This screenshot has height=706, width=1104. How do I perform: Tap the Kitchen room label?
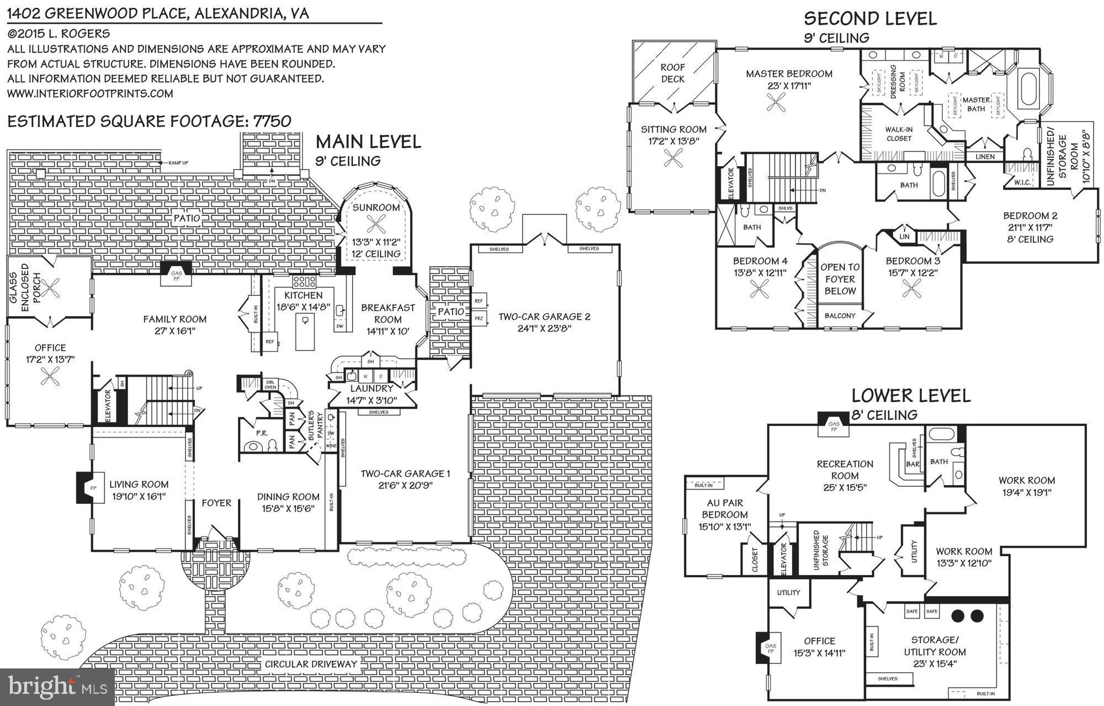303,296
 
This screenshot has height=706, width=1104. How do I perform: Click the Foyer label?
216,503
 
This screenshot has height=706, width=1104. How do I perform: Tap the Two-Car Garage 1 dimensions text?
405,486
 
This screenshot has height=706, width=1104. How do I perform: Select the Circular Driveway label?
311,664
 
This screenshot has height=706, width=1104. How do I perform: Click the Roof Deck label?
673,73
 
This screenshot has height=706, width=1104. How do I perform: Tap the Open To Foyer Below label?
840,279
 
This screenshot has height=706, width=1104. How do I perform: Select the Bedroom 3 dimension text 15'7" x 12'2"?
912,273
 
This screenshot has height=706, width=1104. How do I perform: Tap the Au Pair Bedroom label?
725,509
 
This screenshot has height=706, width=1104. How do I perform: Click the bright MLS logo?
57,687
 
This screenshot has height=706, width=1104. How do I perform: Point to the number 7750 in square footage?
272,121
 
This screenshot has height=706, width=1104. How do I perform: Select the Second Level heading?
870,19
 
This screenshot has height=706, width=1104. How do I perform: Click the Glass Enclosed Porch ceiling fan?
53,288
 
